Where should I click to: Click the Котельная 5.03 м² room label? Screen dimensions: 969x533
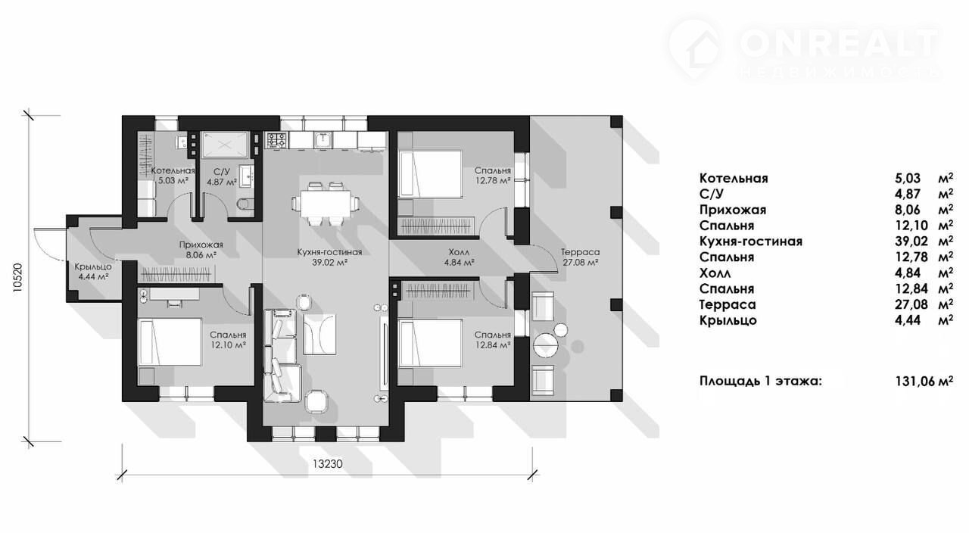tap(173, 176)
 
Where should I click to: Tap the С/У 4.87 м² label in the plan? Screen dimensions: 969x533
tap(222, 176)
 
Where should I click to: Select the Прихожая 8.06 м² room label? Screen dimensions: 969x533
tap(201, 250)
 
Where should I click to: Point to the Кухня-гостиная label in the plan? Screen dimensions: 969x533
tap(329, 252)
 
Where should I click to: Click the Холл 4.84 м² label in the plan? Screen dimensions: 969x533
tap(459, 257)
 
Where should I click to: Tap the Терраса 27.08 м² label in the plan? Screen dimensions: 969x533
tap(580, 257)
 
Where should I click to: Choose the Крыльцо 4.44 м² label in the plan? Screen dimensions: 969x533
tap(93, 271)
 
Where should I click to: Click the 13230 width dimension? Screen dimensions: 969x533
tap(328, 464)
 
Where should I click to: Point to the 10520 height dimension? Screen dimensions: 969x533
tap(17, 279)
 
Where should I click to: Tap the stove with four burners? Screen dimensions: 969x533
tap(277, 140)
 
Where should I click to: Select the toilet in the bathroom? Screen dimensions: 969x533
tap(246, 204)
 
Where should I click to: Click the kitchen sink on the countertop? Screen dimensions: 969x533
tap(322, 140)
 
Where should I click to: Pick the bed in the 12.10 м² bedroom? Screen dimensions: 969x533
tap(170, 341)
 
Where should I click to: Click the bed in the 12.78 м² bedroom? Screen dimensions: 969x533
tap(430, 174)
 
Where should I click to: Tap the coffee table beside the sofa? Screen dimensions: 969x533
tap(319, 335)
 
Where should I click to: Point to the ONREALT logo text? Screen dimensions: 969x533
tap(840, 44)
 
